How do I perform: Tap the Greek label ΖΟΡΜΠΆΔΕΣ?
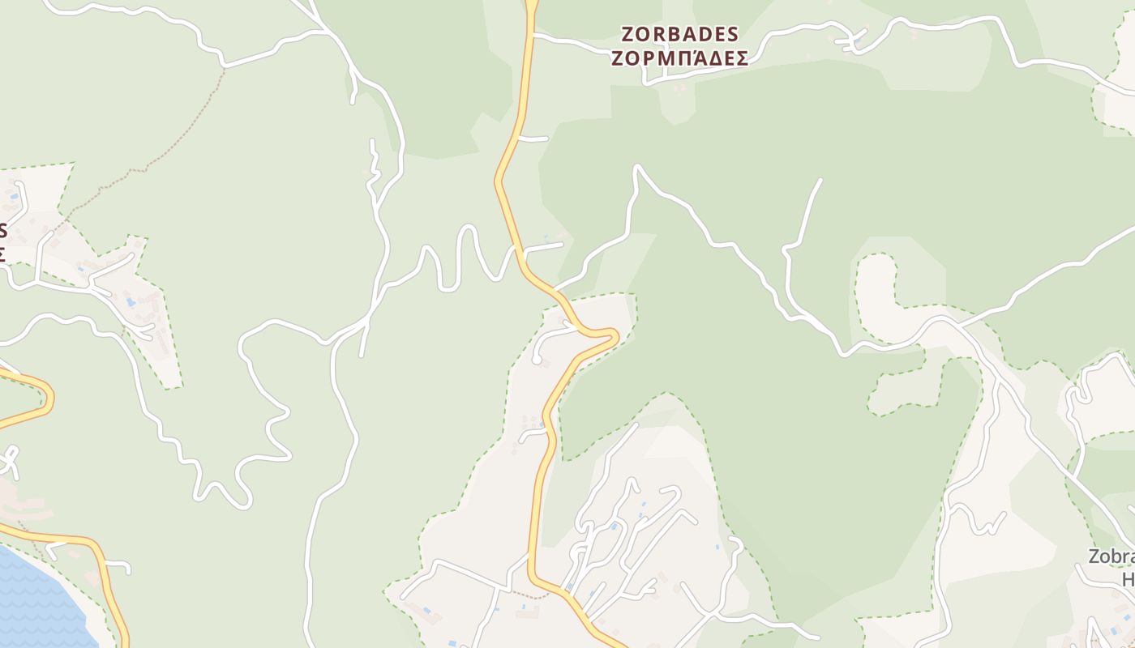point(679,58)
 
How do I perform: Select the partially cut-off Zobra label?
point(1111,556)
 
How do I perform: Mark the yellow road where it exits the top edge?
point(532,5)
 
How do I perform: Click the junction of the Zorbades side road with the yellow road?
point(533,36)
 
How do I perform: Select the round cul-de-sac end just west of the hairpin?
point(537,359)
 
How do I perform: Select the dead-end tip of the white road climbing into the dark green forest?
point(820,181)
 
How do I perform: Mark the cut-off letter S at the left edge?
point(3,229)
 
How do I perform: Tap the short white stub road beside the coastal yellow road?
point(118,564)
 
